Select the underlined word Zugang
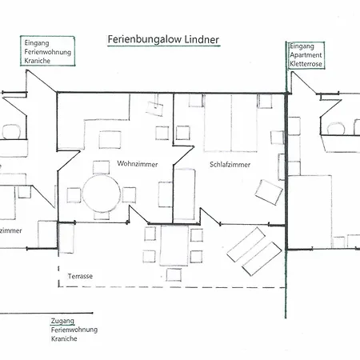click(62, 320)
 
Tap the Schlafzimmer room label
click(230, 164)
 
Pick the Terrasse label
click(80, 276)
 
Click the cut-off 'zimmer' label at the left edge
click(10, 230)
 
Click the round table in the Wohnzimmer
click(101, 194)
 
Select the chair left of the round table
click(73, 194)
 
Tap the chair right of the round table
click(130, 194)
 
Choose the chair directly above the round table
click(101, 166)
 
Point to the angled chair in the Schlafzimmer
click(269, 193)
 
